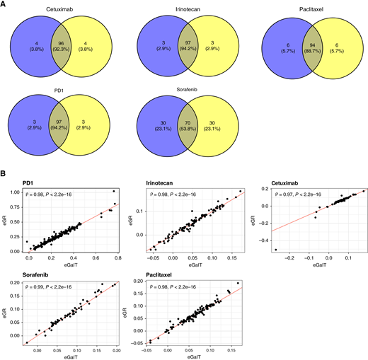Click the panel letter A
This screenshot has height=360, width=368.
(4, 4)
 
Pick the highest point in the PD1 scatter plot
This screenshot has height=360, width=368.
(113, 192)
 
